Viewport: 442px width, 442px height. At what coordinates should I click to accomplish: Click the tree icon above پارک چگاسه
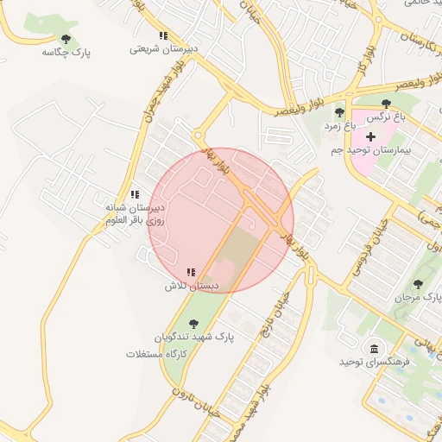point(66,38)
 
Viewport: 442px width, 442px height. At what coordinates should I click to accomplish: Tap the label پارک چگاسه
point(66,53)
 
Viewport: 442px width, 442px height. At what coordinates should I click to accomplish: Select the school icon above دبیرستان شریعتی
point(162,35)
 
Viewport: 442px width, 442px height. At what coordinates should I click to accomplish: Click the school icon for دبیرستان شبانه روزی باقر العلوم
point(134,195)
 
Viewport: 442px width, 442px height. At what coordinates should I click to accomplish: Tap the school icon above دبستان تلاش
point(191,271)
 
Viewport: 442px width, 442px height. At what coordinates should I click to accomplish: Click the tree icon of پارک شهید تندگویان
point(191,323)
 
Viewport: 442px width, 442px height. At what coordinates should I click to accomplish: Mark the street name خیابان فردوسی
point(366,247)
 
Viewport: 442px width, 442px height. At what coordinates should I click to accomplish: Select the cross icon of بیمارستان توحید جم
point(371,136)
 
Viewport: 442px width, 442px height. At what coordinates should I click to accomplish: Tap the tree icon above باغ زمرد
point(338,112)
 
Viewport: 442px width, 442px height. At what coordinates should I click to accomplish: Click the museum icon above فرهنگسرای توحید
point(374,349)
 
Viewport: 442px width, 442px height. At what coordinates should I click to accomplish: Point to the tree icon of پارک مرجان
point(419,282)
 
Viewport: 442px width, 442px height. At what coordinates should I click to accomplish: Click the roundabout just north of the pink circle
point(199,136)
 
